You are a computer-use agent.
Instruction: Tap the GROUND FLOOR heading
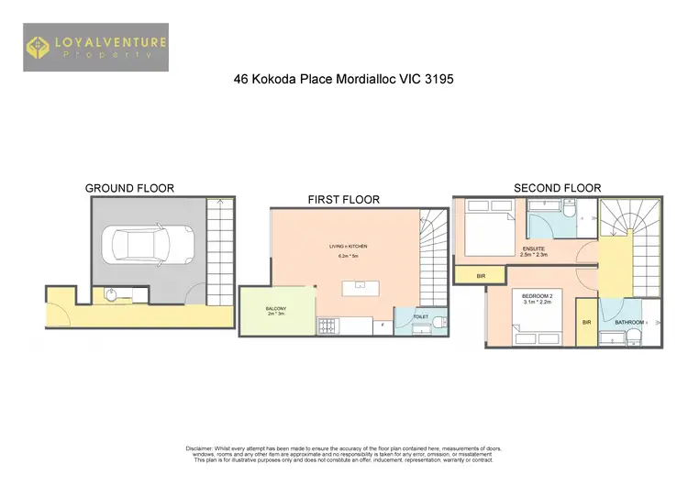(129, 188)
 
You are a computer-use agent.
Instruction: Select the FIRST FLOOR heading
(343, 199)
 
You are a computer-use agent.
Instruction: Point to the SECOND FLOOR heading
(557, 188)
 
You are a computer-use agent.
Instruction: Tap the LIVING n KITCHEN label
(346, 246)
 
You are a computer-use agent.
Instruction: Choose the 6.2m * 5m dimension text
(346, 257)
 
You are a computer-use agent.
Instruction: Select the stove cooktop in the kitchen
(326, 325)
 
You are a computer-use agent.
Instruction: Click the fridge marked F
(379, 325)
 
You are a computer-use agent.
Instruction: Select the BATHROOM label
(629, 322)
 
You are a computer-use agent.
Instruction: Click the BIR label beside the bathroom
(586, 322)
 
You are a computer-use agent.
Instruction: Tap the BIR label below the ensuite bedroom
(482, 274)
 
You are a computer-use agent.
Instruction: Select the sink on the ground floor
(110, 294)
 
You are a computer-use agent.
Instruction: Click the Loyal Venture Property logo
(96, 48)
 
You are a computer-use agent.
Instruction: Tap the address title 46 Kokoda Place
(344, 80)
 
